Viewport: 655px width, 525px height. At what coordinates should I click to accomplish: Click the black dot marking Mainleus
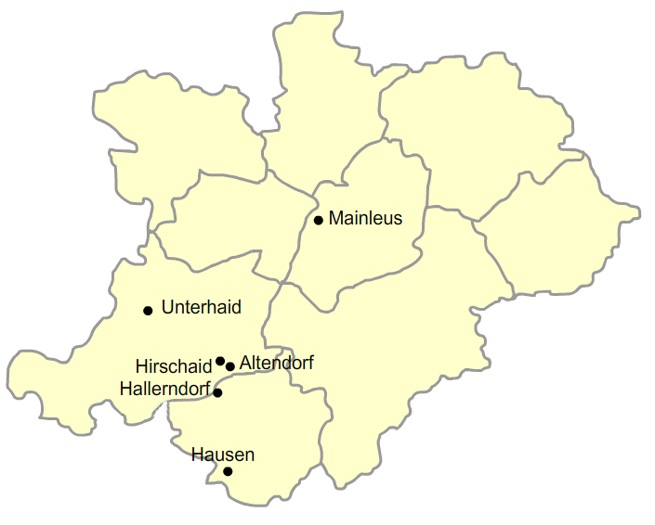pyautogui.click(x=319, y=220)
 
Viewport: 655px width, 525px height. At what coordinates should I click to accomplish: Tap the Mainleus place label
pyautogui.click(x=365, y=219)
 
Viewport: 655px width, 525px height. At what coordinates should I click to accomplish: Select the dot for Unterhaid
pyautogui.click(x=148, y=310)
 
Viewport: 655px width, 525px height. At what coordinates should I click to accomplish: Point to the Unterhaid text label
pyautogui.click(x=201, y=307)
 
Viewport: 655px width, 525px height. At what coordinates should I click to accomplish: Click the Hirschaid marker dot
pyautogui.click(x=220, y=361)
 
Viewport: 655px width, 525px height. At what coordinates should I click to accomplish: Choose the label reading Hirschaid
pyautogui.click(x=174, y=366)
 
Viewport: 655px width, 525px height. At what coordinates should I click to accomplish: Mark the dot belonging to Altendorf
pyautogui.click(x=230, y=366)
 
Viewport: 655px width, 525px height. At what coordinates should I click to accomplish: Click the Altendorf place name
pyautogui.click(x=276, y=363)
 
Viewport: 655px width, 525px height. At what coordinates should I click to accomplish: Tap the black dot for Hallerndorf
pyautogui.click(x=217, y=392)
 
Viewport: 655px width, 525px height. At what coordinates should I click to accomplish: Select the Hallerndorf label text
pyautogui.click(x=164, y=389)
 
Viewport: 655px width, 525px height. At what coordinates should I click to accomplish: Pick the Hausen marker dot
pyautogui.click(x=229, y=471)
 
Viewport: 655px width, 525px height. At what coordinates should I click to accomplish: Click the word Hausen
pyautogui.click(x=222, y=455)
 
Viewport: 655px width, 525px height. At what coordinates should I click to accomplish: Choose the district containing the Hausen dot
pyautogui.click(x=260, y=445)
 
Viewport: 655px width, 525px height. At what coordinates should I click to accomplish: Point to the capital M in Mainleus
pyautogui.click(x=335, y=219)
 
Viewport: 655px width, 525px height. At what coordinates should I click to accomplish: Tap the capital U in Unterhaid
pyautogui.click(x=167, y=307)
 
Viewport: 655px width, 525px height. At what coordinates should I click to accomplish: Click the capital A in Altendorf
pyautogui.click(x=245, y=363)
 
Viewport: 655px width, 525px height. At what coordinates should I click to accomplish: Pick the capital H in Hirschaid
pyautogui.click(x=140, y=366)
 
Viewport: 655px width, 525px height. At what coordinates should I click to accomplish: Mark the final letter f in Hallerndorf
pyautogui.click(x=207, y=389)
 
